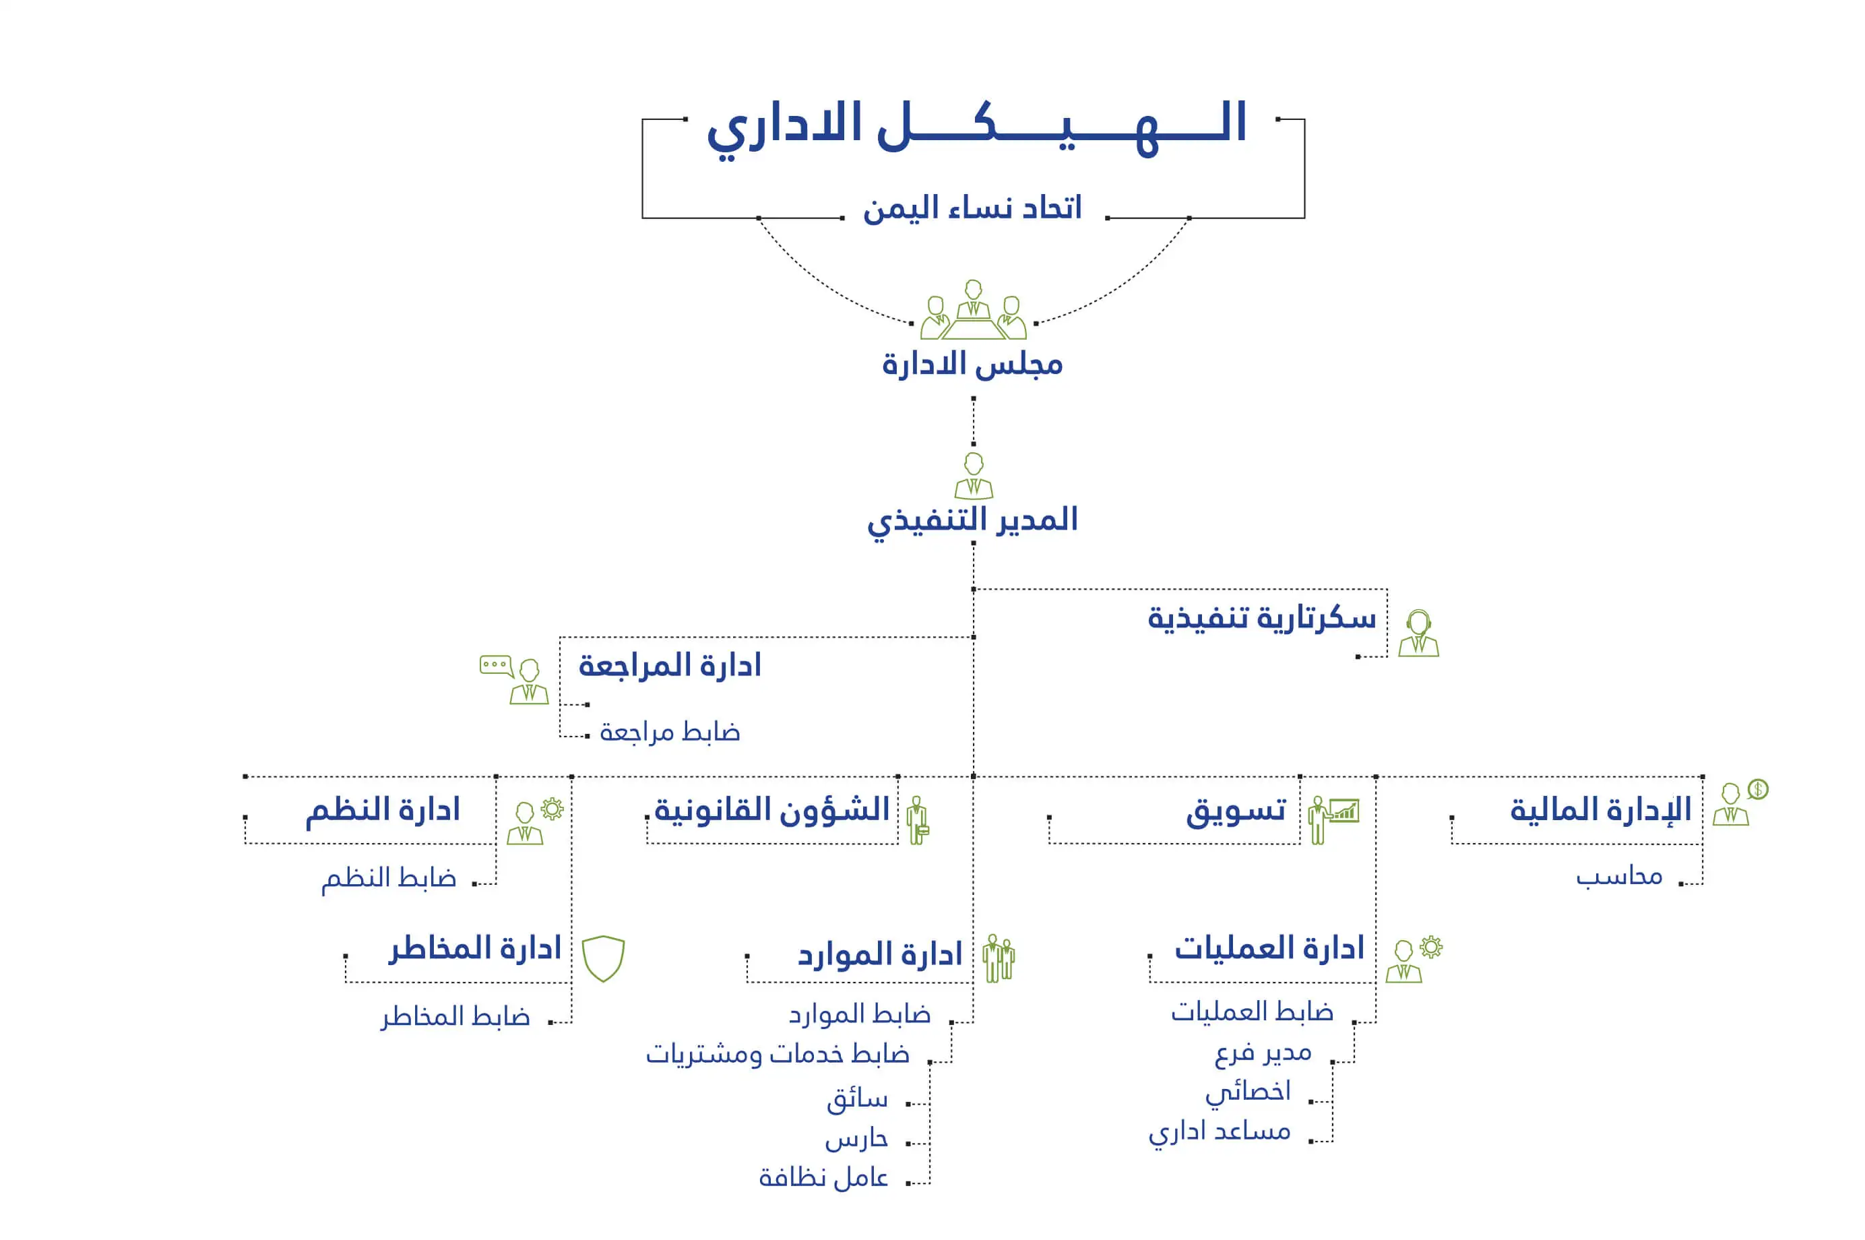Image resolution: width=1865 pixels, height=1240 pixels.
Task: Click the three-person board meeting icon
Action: [x=973, y=309]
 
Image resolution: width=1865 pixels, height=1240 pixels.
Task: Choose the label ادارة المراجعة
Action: [x=670, y=665]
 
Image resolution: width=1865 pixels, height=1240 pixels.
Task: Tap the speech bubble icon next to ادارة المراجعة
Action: [x=497, y=665]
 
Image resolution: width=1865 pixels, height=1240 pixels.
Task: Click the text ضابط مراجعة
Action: [x=670, y=731]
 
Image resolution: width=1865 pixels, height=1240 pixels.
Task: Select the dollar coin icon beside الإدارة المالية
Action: [x=1757, y=788]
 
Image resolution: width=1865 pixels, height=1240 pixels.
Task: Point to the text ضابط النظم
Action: [x=388, y=878]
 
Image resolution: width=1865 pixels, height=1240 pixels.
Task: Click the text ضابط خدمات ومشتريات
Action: [x=777, y=1054]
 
